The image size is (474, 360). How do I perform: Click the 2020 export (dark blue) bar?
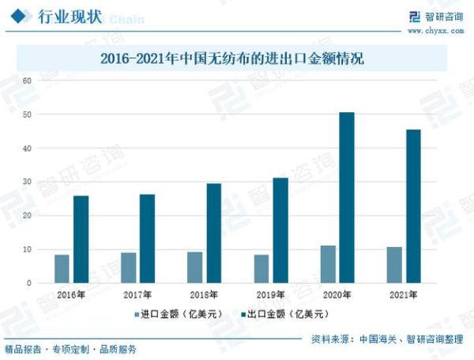pyautogui.click(x=347, y=197)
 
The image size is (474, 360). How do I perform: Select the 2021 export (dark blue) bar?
pyautogui.click(x=413, y=206)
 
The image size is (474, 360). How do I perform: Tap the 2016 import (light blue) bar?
pyautogui.click(x=62, y=268)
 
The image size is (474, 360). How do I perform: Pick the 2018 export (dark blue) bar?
pyautogui.click(x=214, y=233)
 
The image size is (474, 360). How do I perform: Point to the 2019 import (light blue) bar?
pyautogui.click(x=261, y=268)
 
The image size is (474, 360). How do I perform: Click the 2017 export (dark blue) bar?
pyautogui.click(x=147, y=238)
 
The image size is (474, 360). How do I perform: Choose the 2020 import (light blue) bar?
pyautogui.click(x=328, y=264)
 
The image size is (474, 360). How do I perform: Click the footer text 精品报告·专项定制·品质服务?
pyautogui.click(x=71, y=349)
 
